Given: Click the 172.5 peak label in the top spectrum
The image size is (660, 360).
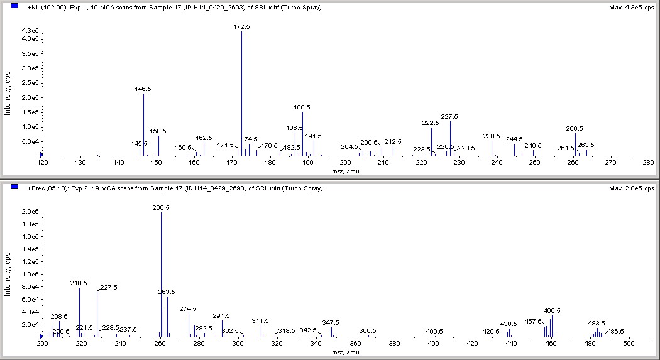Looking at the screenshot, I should click(242, 27).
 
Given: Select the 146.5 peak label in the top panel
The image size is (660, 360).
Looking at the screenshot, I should click(143, 89).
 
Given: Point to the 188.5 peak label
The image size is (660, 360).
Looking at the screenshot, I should click(302, 107).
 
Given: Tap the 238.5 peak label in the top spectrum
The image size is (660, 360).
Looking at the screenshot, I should click(492, 136).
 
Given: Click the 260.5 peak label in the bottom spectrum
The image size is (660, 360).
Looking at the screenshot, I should click(161, 207).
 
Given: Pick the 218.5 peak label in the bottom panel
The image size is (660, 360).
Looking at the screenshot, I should click(79, 283).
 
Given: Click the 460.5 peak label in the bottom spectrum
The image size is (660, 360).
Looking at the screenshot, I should click(552, 310).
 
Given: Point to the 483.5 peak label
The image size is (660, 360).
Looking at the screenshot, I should click(597, 323).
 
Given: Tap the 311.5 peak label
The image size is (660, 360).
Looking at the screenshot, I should click(260, 320).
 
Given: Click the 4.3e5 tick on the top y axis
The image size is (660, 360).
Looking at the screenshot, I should click(31, 31).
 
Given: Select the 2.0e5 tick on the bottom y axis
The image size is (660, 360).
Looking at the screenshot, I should click(31, 212).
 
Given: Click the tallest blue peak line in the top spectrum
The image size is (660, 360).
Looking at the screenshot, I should click(242, 94).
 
